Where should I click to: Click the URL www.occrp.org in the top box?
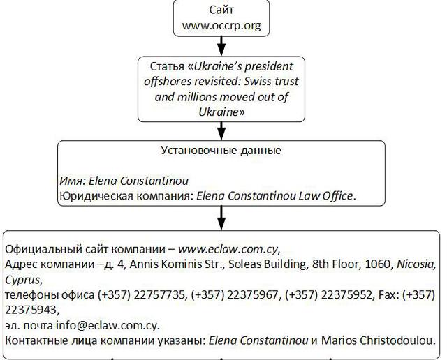[x=221, y=26]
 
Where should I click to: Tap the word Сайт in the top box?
[x=221, y=10]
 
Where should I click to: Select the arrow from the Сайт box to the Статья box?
[x=221, y=46]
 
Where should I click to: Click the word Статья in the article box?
[x=168, y=67]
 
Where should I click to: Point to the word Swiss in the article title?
[x=258, y=82]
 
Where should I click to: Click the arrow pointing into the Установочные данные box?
[x=221, y=131]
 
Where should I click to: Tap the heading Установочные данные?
[x=221, y=151]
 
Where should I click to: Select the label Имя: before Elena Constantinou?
[x=73, y=181]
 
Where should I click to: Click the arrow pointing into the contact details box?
[x=221, y=218]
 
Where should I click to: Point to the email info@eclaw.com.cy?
[x=108, y=326]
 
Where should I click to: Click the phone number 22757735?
[x=160, y=295]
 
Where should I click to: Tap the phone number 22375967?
[x=253, y=295]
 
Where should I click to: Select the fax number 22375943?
[x=31, y=310]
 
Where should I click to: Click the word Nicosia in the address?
[x=416, y=264]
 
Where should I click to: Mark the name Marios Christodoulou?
[x=379, y=340]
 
